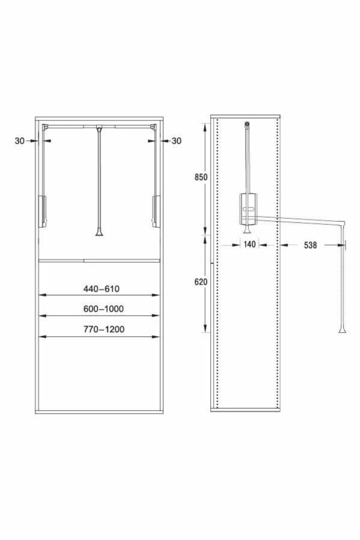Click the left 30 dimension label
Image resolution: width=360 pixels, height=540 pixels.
(19, 140)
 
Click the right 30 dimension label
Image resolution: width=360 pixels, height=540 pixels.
(176, 140)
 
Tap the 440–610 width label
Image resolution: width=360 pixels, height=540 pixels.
(101, 289)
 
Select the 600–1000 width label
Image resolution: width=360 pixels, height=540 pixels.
(103, 309)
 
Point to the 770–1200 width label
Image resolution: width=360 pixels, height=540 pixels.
(104, 329)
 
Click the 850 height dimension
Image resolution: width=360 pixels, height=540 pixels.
(201, 177)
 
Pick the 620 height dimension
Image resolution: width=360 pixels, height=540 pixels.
(201, 282)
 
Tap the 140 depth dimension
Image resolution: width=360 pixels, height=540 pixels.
(250, 244)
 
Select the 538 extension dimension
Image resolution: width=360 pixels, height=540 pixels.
(310, 245)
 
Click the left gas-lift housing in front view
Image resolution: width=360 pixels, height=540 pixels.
(43, 211)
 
